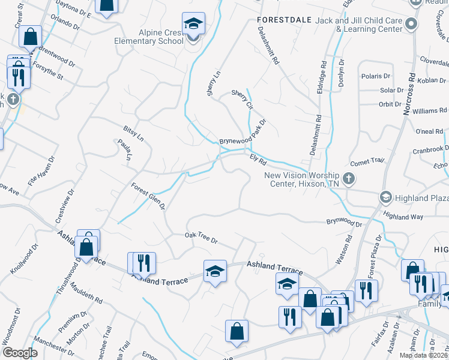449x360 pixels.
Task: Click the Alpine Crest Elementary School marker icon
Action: tap(193, 25)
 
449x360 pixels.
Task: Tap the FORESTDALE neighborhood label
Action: tap(284, 20)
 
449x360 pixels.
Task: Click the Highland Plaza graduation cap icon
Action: tap(385, 197)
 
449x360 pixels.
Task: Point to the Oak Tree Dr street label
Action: tap(200, 238)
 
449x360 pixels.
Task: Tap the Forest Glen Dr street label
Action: tap(148, 196)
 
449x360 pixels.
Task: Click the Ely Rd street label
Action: tap(258, 159)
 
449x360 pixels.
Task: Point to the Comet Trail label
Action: tap(366, 161)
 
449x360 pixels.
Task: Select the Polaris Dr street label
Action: tap(376, 76)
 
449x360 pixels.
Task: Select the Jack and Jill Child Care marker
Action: tap(411, 24)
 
